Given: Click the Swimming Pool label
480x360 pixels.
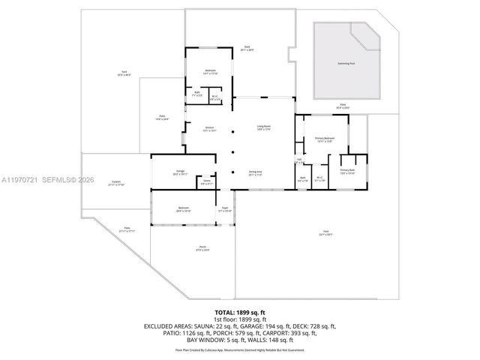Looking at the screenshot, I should click(346, 63).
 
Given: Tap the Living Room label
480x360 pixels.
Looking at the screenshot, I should click(264, 127).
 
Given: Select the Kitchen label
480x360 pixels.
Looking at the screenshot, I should click(210, 129).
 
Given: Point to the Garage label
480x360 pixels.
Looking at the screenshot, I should click(181, 172).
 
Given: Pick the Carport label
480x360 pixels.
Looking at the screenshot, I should click(116, 182).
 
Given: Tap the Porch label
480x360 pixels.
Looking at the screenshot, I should click(202, 248).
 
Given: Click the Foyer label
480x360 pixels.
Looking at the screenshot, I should click(224, 209).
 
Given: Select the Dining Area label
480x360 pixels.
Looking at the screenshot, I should click(256, 173).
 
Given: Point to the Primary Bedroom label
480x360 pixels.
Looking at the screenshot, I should click(324, 139).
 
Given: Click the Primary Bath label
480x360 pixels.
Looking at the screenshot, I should click(347, 172).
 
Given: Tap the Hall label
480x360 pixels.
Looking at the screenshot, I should click(299, 160).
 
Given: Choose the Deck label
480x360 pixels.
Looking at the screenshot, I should click(247, 49).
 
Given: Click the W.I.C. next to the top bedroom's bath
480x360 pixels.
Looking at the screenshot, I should click(214, 97).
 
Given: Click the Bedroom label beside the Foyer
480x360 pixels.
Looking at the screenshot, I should click(184, 209).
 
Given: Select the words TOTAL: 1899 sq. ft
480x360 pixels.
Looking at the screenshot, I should click(240, 311).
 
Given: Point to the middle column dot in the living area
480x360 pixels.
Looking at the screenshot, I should click(233, 150).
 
